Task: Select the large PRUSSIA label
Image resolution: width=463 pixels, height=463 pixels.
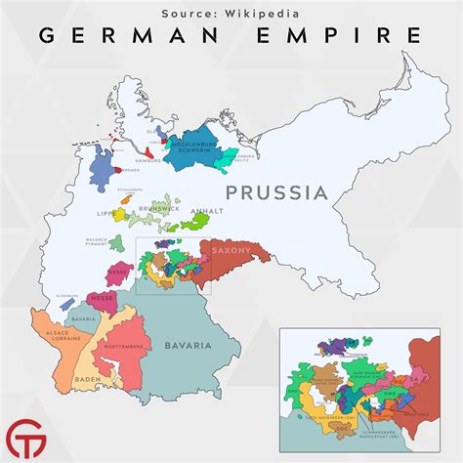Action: click(x=275, y=192)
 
